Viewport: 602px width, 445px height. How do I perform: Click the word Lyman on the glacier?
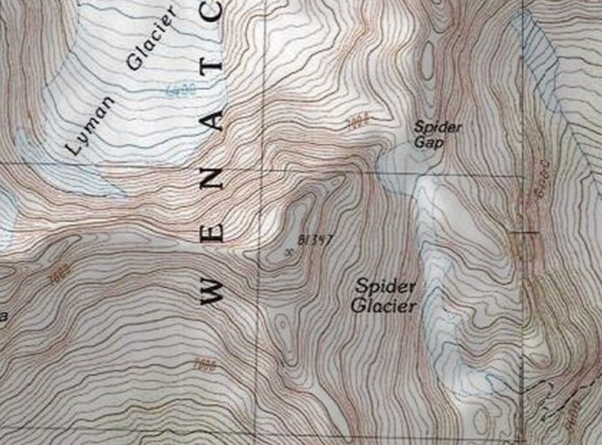pyautogui.click(x=90, y=126)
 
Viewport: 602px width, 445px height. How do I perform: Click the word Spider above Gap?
pyautogui.click(x=438, y=127)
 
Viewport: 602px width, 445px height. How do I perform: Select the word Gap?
pyautogui.click(x=428, y=142)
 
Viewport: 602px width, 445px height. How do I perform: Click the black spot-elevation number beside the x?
pyautogui.click(x=315, y=240)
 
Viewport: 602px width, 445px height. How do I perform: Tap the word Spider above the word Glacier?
pyautogui.click(x=385, y=287)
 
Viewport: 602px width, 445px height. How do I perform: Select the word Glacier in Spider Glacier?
pyautogui.click(x=384, y=306)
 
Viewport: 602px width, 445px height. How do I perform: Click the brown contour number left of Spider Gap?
pyautogui.click(x=357, y=122)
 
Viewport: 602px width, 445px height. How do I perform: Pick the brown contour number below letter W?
pyautogui.click(x=206, y=365)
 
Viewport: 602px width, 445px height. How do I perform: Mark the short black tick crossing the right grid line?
pyautogui.click(x=524, y=232)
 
